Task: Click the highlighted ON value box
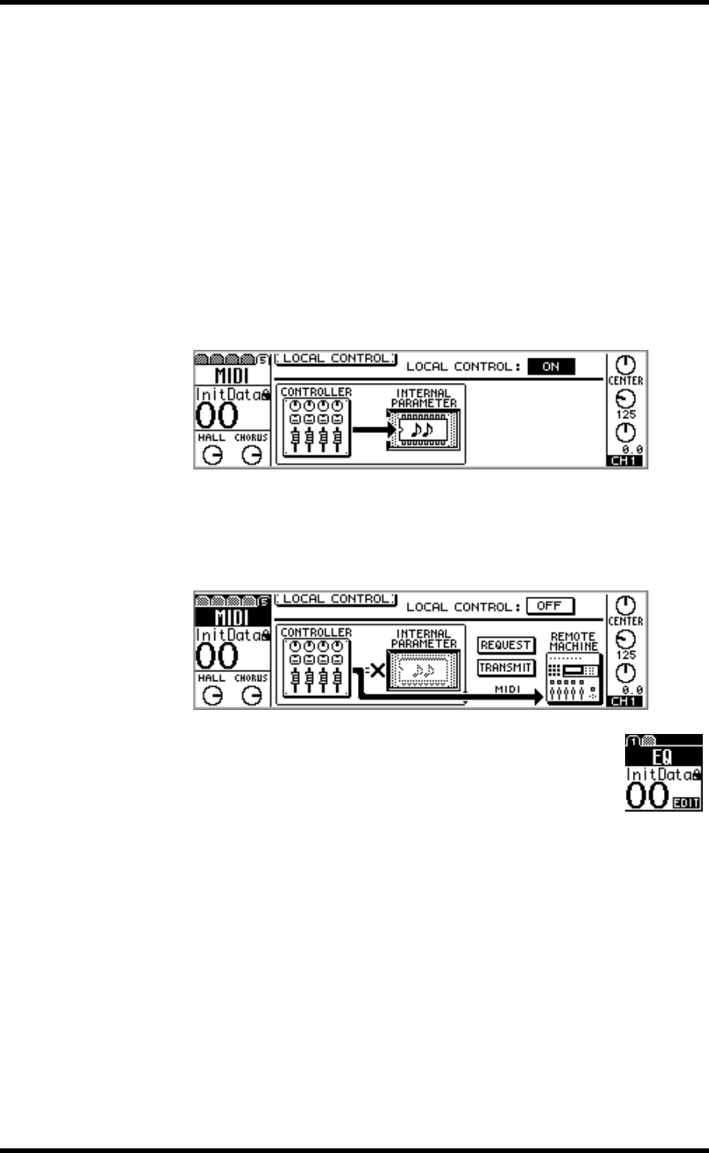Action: tap(551, 367)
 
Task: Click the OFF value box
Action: tap(549, 606)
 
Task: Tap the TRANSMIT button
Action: tap(506, 667)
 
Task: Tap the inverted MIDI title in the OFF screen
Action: tap(231, 618)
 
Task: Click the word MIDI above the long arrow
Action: tap(506, 688)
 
